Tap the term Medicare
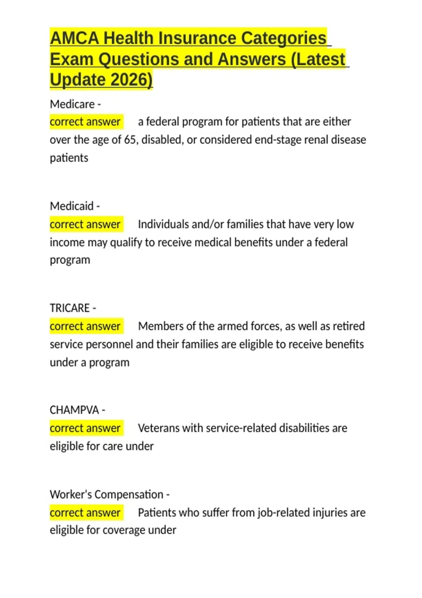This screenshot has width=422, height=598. [x=72, y=104]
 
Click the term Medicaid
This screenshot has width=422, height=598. [x=72, y=206]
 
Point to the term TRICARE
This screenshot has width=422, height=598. [x=70, y=308]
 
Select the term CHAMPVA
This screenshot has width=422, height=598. [x=74, y=410]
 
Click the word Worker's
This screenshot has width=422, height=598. [x=71, y=495]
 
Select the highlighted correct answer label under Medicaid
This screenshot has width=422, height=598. [x=85, y=224]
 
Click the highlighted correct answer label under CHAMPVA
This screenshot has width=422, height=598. [x=85, y=428]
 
